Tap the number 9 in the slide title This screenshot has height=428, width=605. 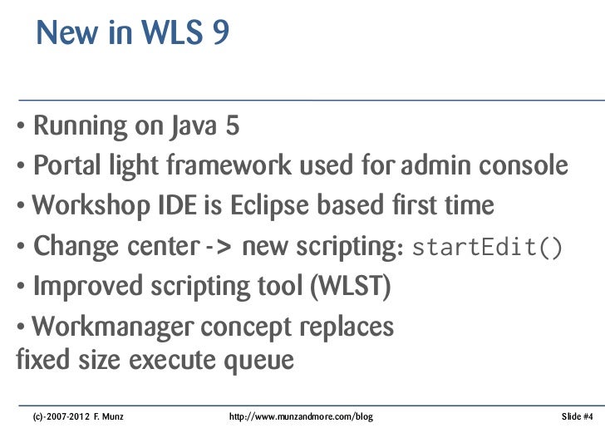click(x=219, y=34)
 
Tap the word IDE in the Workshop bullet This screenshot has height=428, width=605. click(x=151, y=205)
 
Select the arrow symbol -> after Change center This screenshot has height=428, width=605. click(x=220, y=247)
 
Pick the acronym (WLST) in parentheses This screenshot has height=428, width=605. click(x=350, y=286)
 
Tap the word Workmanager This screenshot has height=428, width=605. click(x=110, y=327)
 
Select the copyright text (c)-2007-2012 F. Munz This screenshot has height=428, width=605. click(x=77, y=414)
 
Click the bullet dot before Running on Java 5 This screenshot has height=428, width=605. click(x=19, y=128)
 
